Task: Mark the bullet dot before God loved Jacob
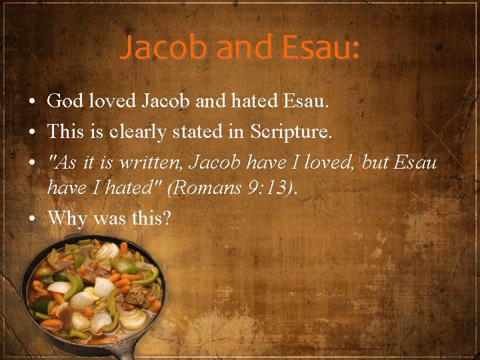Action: pyautogui.click(x=33, y=102)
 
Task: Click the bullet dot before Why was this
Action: pyautogui.click(x=33, y=218)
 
